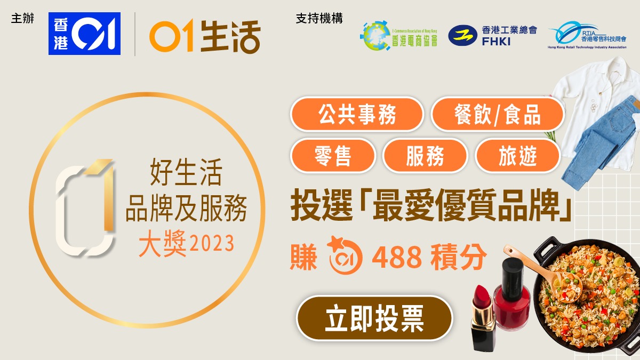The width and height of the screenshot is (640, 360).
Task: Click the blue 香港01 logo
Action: point(84,34)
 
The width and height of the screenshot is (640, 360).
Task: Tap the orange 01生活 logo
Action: point(205,36)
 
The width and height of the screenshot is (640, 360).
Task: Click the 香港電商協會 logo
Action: point(399,36)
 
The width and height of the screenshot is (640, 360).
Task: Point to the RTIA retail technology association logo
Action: point(587,35)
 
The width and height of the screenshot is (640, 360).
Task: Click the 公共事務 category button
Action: point(357,114)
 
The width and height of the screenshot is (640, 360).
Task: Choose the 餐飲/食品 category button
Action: point(498,114)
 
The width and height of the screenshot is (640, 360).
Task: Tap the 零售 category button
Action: point(333,156)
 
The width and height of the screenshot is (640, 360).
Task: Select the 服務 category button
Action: point(425,156)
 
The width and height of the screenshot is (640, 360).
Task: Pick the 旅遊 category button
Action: point(517,156)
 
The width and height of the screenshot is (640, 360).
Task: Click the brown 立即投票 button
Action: point(374,318)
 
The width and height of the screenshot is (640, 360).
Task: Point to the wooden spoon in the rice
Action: point(542,274)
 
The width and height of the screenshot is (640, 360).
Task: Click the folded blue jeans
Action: point(600,143)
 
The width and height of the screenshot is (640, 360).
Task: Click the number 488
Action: point(397,257)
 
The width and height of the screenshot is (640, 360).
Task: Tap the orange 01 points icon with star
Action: point(345,255)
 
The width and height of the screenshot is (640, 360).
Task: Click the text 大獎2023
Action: point(186,244)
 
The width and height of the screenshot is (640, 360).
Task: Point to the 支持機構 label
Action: point(319,19)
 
